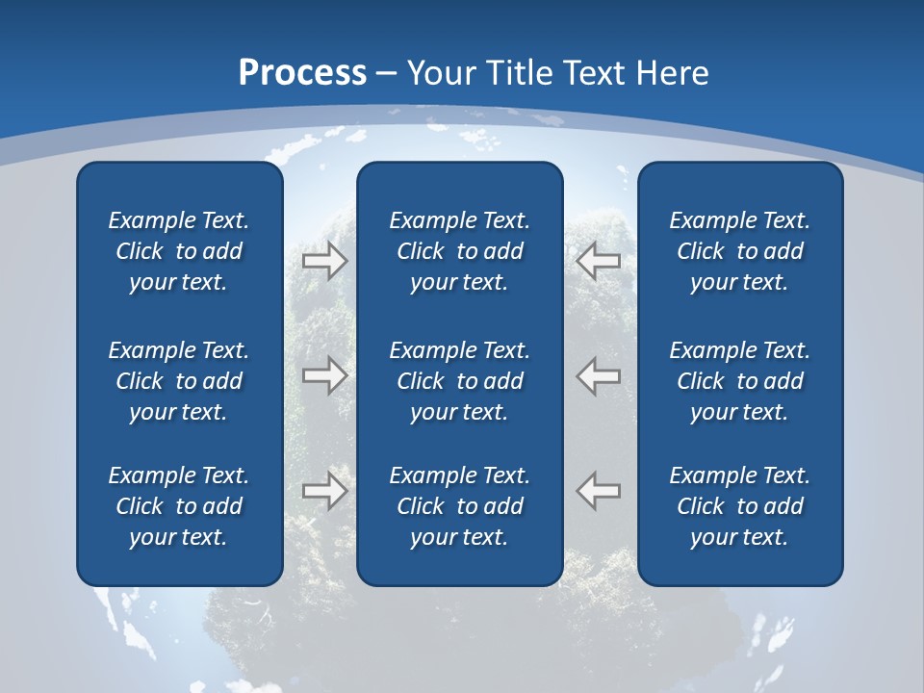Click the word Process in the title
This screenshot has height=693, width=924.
click(302, 73)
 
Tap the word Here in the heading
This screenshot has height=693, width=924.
click(672, 73)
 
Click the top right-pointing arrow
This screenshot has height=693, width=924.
click(325, 261)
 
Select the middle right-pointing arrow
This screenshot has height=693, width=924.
click(325, 375)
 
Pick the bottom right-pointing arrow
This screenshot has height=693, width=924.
click(325, 491)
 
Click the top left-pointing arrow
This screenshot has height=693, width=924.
click(599, 261)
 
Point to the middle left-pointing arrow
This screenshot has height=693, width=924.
click(599, 375)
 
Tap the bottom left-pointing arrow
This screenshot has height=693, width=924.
click(599, 491)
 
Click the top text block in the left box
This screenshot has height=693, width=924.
click(179, 251)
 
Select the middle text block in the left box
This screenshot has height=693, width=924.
click(179, 381)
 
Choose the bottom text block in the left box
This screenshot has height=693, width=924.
click(179, 506)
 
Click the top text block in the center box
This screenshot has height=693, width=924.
click(459, 251)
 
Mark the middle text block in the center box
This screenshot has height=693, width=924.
click(459, 381)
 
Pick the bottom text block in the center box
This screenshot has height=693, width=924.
click(459, 506)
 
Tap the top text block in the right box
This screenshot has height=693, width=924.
click(739, 251)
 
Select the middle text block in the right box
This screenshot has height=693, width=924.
click(739, 381)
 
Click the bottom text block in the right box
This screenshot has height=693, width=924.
click(739, 506)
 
